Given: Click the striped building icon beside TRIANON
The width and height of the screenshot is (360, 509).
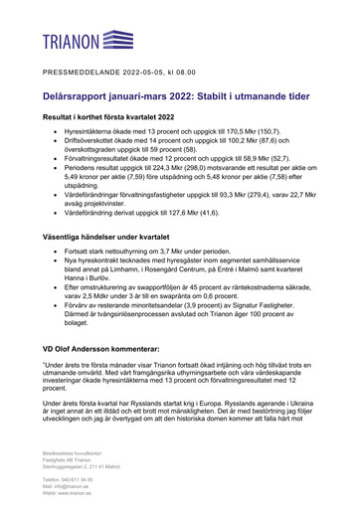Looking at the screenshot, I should tap(118, 40).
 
